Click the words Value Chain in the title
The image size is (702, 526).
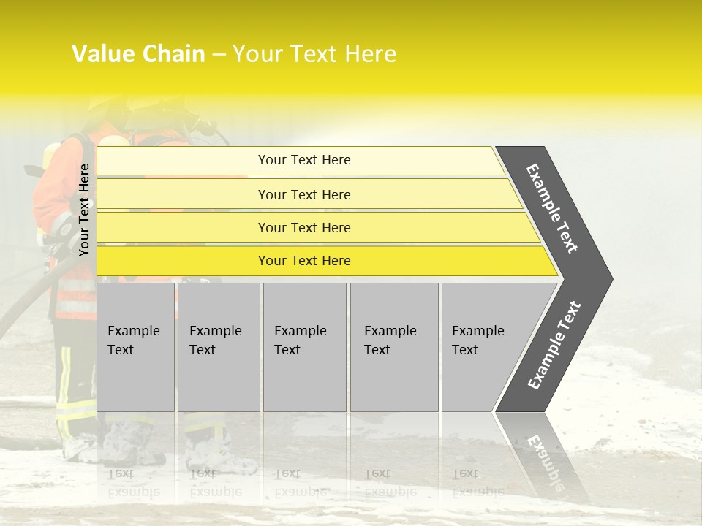[x=138, y=54]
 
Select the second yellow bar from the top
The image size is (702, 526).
[x=304, y=194]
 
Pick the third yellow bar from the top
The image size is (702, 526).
[x=304, y=227]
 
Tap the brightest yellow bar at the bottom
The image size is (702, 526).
[x=304, y=261]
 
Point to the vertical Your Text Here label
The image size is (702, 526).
[x=85, y=210]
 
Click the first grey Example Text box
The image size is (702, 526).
[x=135, y=347]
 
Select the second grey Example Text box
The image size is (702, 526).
[x=218, y=347]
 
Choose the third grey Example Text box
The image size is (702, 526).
[x=304, y=347]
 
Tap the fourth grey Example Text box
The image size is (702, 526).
[x=393, y=347]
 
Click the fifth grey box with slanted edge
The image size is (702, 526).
[x=483, y=347]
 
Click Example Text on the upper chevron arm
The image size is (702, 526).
[x=552, y=208]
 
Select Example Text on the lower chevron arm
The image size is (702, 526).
[x=554, y=346]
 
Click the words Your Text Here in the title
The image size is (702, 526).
[x=314, y=54]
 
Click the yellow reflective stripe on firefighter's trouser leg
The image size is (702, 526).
[x=64, y=380]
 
